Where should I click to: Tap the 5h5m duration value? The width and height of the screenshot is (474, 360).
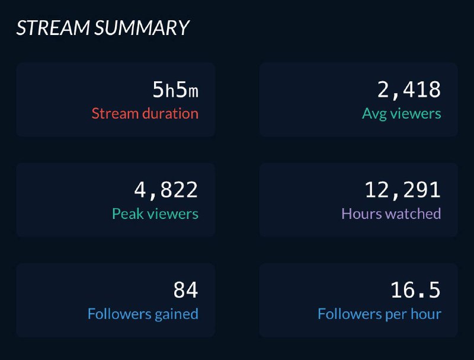(175, 90)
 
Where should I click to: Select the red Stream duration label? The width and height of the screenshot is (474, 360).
(145, 113)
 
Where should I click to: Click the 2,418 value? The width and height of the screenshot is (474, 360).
(409, 90)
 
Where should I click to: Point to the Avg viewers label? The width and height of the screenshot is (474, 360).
(402, 113)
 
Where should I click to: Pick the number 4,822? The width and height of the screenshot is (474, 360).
(166, 190)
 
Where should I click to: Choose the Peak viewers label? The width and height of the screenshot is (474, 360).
(155, 214)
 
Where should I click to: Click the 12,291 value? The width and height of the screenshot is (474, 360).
(403, 190)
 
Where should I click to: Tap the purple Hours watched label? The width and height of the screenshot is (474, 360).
(391, 214)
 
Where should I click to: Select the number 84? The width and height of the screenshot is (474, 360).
(185, 291)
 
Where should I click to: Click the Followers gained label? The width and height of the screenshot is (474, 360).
(143, 314)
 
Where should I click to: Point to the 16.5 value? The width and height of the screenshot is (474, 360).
(415, 291)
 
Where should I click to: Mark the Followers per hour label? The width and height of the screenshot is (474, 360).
(379, 314)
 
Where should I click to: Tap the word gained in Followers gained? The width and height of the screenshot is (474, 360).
(176, 314)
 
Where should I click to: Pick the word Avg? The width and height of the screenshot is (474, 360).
(374, 113)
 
